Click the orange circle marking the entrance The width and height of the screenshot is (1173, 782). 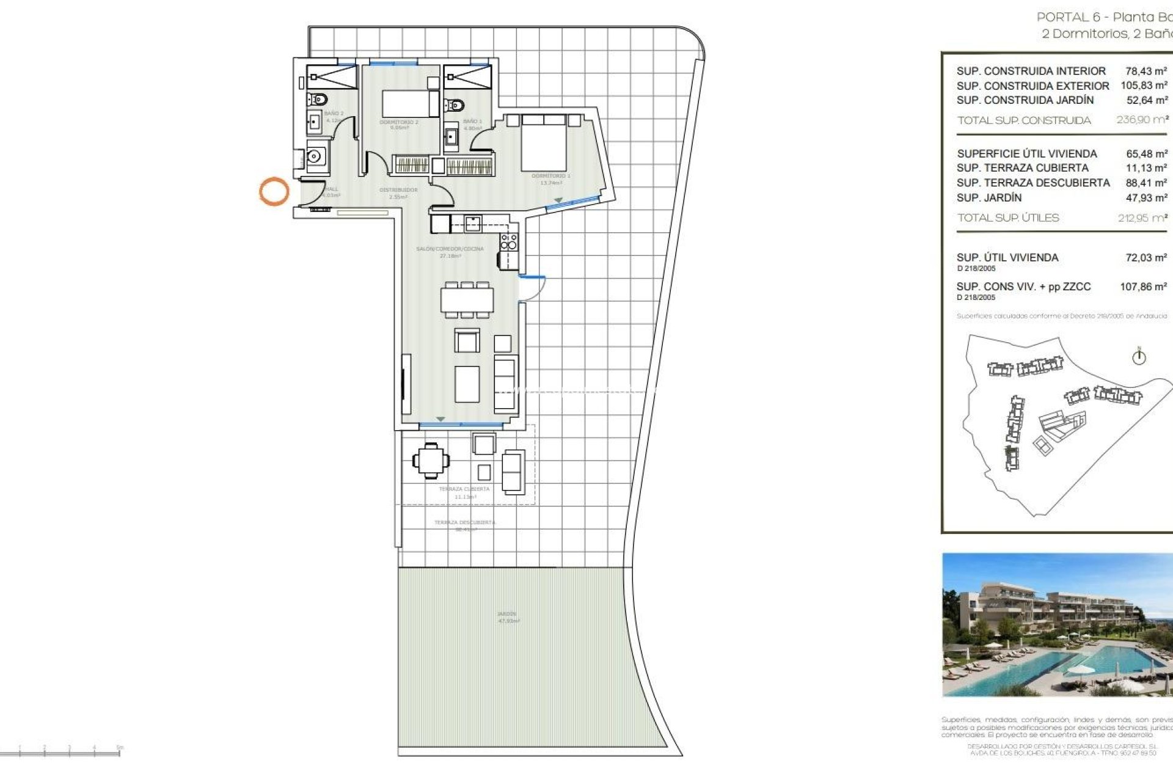274,191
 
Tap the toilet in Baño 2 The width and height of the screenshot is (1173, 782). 318,99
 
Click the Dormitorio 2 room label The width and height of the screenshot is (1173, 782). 399,123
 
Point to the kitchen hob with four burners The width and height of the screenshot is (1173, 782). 509,242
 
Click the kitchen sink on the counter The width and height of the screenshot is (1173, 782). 472,224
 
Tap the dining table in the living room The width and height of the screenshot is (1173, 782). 467,300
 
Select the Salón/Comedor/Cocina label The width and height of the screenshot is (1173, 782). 450,249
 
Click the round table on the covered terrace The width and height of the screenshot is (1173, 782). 431,460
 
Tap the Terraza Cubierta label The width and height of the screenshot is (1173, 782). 464,489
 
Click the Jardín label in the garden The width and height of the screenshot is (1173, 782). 506,614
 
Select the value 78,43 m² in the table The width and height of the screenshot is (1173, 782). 1146,71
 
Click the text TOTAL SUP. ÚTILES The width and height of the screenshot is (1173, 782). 1007,218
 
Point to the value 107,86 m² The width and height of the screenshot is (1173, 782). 1142,287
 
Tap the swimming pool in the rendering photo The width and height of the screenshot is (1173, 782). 1075,666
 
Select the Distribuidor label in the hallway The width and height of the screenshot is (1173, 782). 398,190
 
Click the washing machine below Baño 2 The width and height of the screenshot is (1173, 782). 316,157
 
